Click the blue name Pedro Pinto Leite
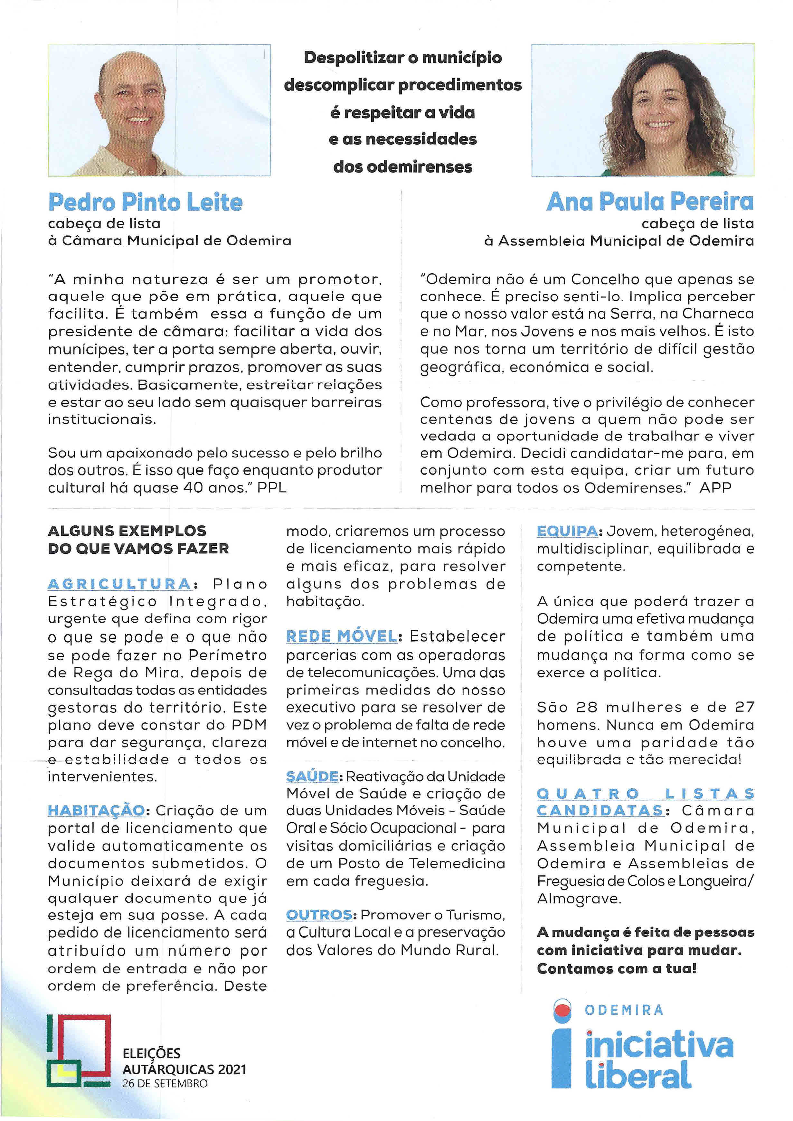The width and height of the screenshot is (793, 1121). click(145, 202)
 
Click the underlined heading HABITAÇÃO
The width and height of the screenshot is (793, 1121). click(96, 810)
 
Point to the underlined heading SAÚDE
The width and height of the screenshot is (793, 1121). click(312, 776)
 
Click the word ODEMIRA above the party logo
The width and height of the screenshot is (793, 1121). click(624, 1010)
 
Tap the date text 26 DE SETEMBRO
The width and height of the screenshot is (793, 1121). click(165, 1083)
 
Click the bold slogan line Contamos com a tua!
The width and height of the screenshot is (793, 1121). click(616, 968)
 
